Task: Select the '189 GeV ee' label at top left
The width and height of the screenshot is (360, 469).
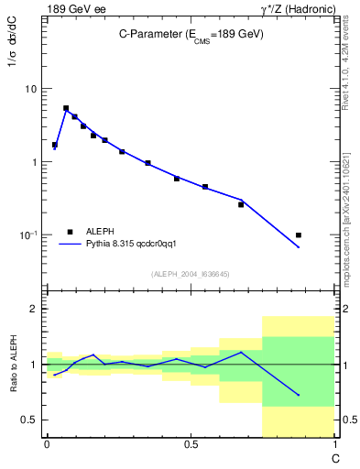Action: (76, 9)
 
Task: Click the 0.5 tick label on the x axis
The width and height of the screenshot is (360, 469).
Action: (191, 444)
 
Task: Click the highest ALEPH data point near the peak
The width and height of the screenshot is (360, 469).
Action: (66, 108)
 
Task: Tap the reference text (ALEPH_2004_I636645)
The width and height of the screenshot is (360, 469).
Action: (191, 274)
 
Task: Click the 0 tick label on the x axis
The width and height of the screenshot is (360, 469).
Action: (47, 444)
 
